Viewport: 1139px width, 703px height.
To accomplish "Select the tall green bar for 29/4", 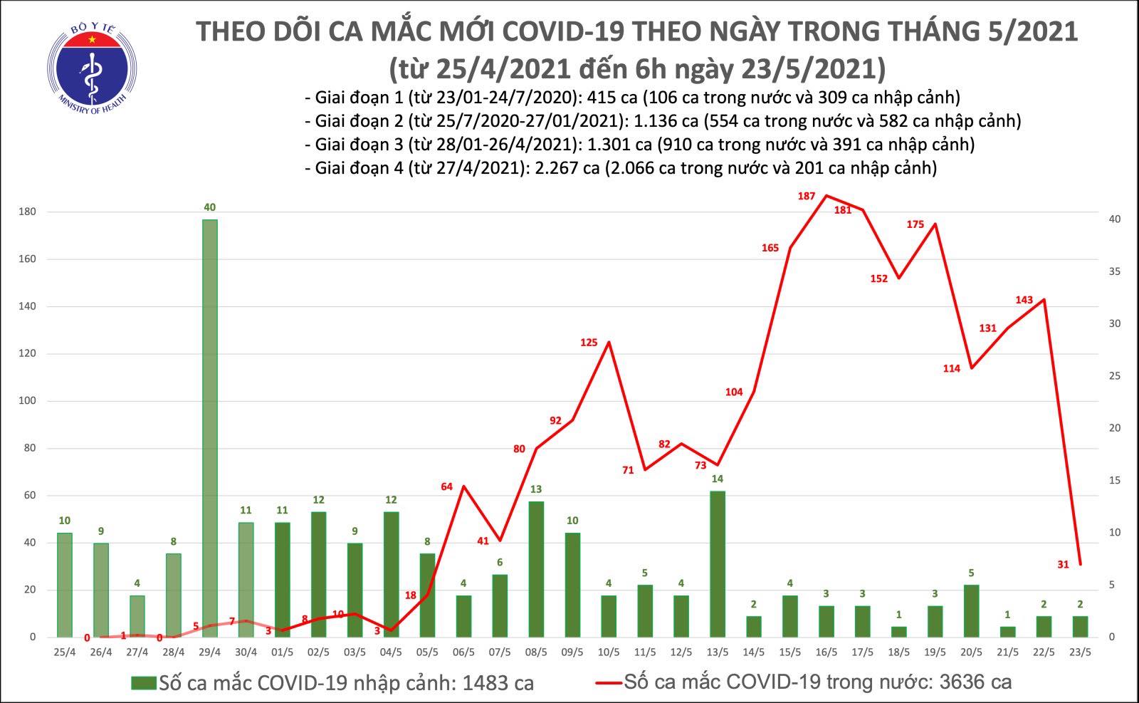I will pyautogui.click(x=209, y=427).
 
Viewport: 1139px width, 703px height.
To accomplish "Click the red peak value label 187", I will pyautogui.click(x=807, y=196).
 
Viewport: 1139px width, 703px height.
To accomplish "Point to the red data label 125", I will pyautogui.click(x=589, y=343).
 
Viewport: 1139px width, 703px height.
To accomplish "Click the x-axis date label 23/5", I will pyautogui.click(x=1080, y=651).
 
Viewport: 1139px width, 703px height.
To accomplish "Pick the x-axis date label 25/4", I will pyautogui.click(x=65, y=651).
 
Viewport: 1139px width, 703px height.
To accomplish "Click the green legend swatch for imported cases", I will pyautogui.click(x=143, y=683).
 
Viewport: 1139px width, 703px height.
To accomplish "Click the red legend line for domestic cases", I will pyautogui.click(x=609, y=683).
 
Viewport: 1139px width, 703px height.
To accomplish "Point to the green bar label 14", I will pyautogui.click(x=717, y=479).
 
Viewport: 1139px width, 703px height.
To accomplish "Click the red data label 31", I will pyautogui.click(x=1063, y=564).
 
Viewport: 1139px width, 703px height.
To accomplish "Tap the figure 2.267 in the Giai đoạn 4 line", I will pyautogui.click(x=620, y=168).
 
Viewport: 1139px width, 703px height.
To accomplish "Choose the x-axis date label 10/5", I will pyautogui.click(x=608, y=651).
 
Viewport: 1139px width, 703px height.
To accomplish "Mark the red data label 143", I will pyautogui.click(x=1024, y=300).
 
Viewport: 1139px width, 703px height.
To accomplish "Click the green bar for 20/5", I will pyautogui.click(x=971, y=610).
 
